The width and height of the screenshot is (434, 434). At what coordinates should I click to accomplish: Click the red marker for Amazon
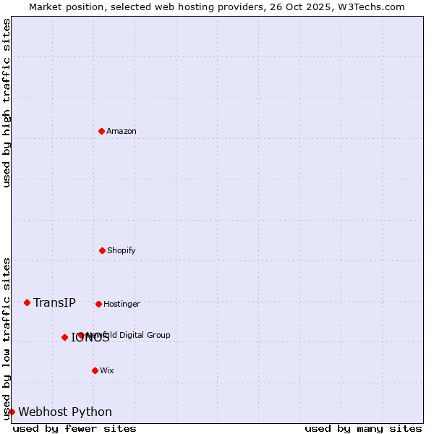click(101, 131)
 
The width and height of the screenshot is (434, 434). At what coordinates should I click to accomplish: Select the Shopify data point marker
click(102, 250)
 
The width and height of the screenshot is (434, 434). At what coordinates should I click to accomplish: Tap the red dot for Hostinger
click(98, 304)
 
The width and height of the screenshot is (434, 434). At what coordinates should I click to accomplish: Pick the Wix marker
click(95, 370)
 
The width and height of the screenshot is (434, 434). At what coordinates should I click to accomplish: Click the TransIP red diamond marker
click(27, 302)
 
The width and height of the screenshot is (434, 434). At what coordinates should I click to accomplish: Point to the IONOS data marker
click(64, 337)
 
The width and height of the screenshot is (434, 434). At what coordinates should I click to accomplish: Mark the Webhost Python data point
click(12, 412)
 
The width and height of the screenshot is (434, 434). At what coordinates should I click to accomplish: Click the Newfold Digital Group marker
click(81, 335)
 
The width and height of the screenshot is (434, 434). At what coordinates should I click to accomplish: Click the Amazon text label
click(122, 131)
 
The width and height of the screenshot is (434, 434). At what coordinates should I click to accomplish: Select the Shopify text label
click(122, 250)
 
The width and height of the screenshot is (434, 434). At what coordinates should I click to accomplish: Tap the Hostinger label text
click(122, 304)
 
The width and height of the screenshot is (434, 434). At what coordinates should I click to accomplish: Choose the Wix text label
click(107, 370)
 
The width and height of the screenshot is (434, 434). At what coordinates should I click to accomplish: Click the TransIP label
click(54, 302)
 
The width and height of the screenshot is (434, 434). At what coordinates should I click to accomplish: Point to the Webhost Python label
click(65, 412)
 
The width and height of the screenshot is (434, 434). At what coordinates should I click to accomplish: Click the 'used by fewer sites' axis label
click(75, 428)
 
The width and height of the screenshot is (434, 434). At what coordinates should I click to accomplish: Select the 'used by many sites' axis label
click(363, 428)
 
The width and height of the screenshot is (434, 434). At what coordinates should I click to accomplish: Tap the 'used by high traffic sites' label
click(7, 103)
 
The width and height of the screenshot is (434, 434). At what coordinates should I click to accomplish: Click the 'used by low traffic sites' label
click(7, 339)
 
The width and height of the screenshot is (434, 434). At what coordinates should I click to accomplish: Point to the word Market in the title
click(46, 7)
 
